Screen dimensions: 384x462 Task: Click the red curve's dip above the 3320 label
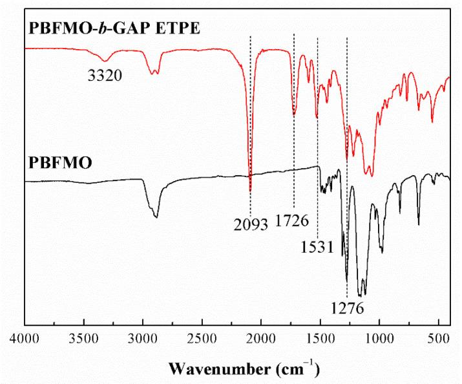[105, 60]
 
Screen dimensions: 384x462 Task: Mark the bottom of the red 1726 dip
[295, 114]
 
